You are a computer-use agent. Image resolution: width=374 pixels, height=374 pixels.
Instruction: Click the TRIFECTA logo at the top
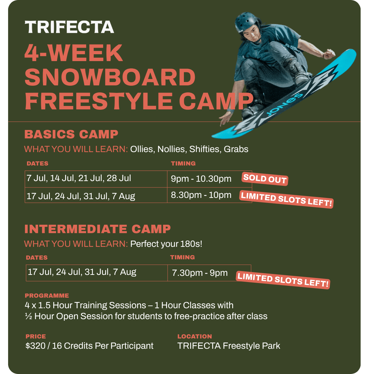[x=69, y=27]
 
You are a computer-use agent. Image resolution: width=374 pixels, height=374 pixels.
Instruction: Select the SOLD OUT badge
[x=265, y=179]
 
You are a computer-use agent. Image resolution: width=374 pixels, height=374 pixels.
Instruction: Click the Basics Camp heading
[x=71, y=134]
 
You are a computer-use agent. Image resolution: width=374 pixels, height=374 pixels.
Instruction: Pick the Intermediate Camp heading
[x=98, y=229]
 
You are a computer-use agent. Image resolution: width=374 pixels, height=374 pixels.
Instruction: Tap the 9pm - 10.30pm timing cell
[x=210, y=179]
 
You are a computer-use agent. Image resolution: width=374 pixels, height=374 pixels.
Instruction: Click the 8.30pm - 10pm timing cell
[x=210, y=195]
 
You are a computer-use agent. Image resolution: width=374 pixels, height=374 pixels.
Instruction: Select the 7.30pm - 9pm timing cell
[x=209, y=273]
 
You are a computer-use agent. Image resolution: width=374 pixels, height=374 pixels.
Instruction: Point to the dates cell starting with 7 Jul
[x=96, y=179]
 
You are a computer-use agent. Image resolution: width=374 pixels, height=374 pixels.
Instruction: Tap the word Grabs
[x=236, y=149]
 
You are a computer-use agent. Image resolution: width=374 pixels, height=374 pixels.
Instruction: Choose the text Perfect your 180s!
[x=166, y=244]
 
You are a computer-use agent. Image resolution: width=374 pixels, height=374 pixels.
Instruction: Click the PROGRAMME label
[x=47, y=295]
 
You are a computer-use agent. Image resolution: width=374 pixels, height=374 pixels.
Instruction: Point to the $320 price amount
[x=36, y=346]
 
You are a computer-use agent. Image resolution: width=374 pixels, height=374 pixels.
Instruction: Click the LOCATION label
[x=195, y=336]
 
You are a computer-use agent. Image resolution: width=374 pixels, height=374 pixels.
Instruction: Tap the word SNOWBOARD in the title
[x=110, y=77]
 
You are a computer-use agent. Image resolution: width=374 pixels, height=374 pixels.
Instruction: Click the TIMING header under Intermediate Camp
[x=182, y=257]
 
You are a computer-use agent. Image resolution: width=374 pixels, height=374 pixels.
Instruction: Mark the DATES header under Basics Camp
[x=37, y=163]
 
